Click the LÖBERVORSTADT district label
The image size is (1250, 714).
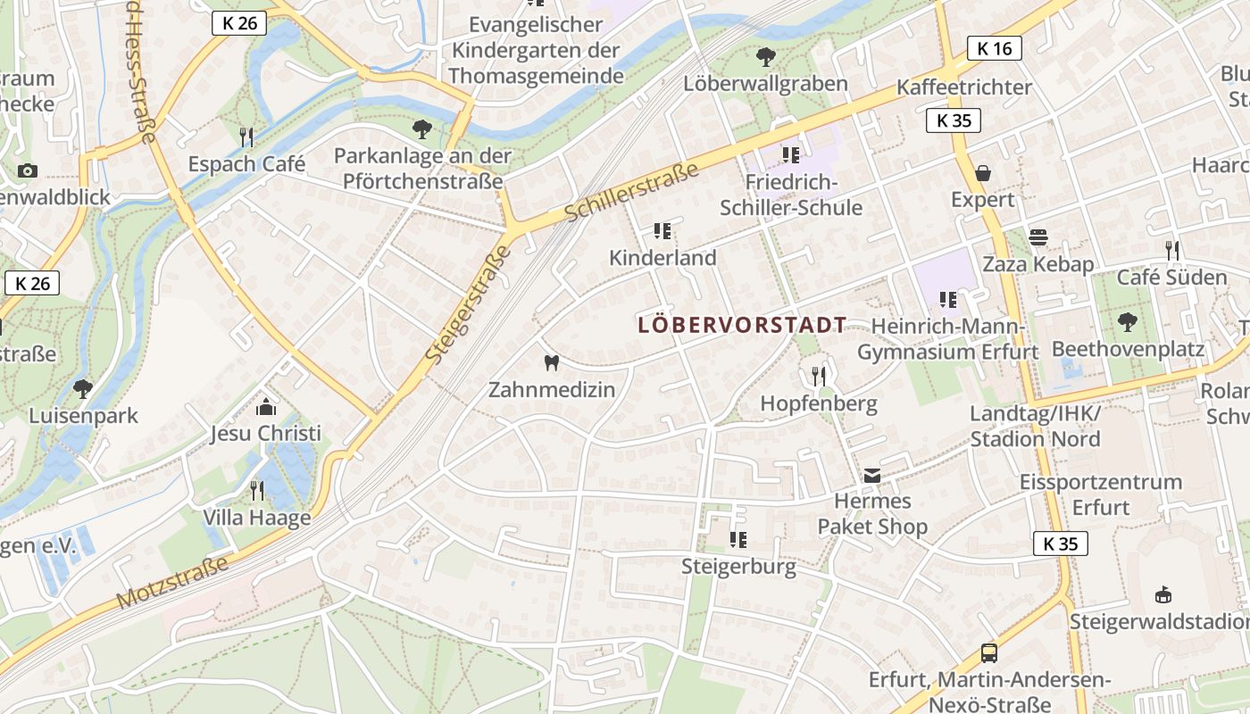742,325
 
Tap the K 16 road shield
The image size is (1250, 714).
994,48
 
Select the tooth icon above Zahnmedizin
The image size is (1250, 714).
551,362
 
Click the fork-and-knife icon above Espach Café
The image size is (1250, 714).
246,137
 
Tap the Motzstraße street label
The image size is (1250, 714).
173,582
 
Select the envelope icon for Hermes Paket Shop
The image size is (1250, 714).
872,476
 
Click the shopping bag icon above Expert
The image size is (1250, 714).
982,172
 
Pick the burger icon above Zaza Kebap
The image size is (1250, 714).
1037,237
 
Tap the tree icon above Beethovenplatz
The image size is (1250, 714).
1128,321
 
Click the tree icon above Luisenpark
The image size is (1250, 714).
83,388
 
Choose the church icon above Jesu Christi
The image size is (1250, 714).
265,407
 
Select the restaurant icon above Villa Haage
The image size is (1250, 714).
257,490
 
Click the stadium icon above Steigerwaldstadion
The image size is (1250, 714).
1162,594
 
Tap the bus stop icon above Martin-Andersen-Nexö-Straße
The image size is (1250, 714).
989,652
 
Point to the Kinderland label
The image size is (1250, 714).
662,258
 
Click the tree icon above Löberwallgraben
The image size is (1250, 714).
765,57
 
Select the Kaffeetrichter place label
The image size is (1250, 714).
964,87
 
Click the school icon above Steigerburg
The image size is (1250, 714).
738,539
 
